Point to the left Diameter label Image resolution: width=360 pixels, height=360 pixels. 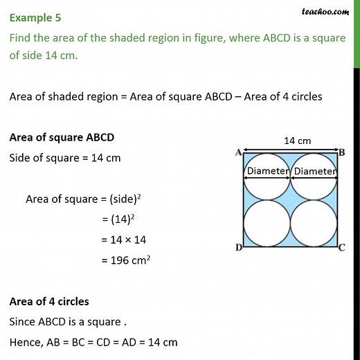(x=267, y=171)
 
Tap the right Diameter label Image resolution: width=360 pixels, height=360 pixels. (x=315, y=171)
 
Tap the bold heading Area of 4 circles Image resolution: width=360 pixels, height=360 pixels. (x=49, y=301)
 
